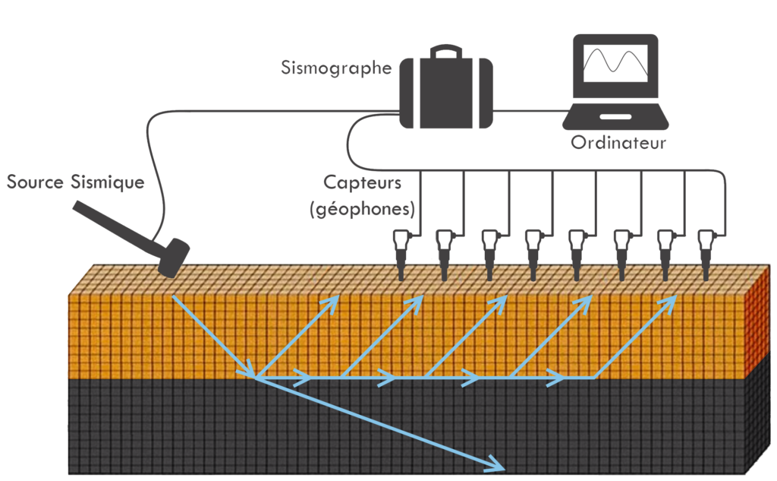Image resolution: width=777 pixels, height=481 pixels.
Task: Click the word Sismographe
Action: coord(335,68)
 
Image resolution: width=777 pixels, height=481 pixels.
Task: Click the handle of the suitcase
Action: coord(445,52)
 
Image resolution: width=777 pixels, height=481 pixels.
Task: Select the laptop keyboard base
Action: coord(615,118)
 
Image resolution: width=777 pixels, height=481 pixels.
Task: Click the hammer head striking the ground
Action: coord(174,258)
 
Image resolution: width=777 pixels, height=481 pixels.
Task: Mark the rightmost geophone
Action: coord(706,252)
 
